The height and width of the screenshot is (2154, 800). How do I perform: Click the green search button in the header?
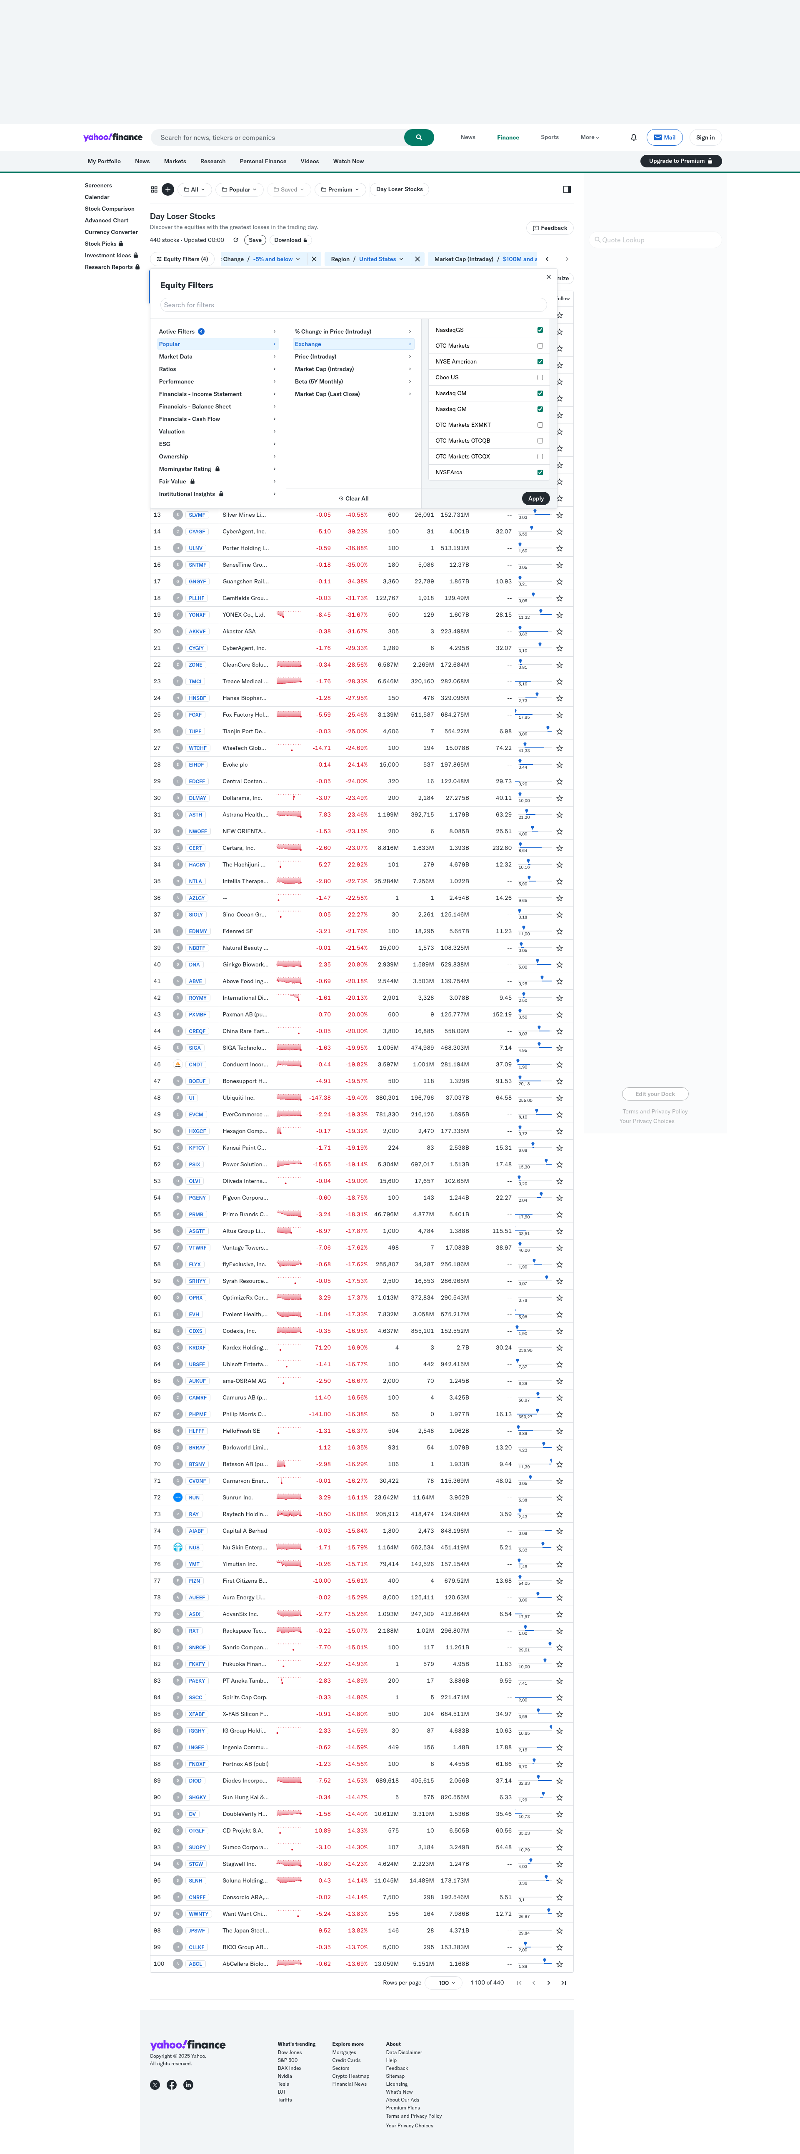click(x=418, y=137)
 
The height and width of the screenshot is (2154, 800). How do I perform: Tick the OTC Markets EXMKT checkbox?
click(x=540, y=425)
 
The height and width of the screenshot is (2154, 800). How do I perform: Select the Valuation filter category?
click(x=172, y=431)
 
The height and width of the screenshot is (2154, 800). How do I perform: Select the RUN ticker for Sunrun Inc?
click(x=194, y=1498)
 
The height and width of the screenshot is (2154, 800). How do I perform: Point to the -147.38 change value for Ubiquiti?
click(x=320, y=1098)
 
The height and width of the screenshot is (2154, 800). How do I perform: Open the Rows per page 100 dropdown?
click(x=447, y=1982)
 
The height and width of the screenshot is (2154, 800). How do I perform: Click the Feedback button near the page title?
click(x=550, y=227)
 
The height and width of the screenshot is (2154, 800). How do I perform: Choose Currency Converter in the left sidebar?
click(x=111, y=232)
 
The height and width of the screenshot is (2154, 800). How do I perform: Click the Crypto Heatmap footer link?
click(x=351, y=2076)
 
